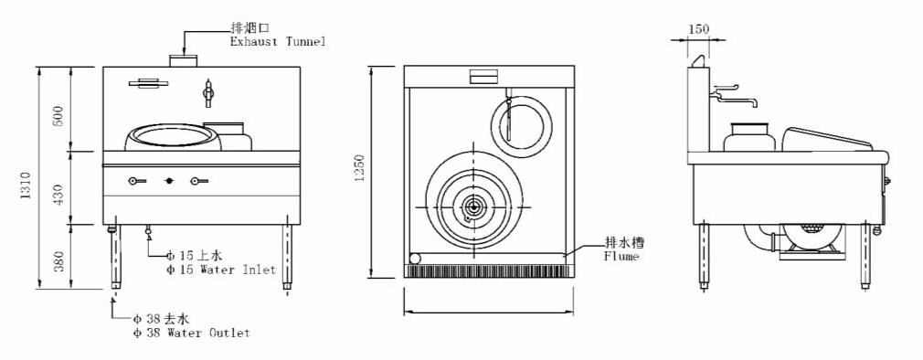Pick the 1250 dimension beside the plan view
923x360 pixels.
coord(360,167)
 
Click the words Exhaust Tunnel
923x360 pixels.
coord(277,42)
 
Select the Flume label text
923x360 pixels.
coord(621,257)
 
